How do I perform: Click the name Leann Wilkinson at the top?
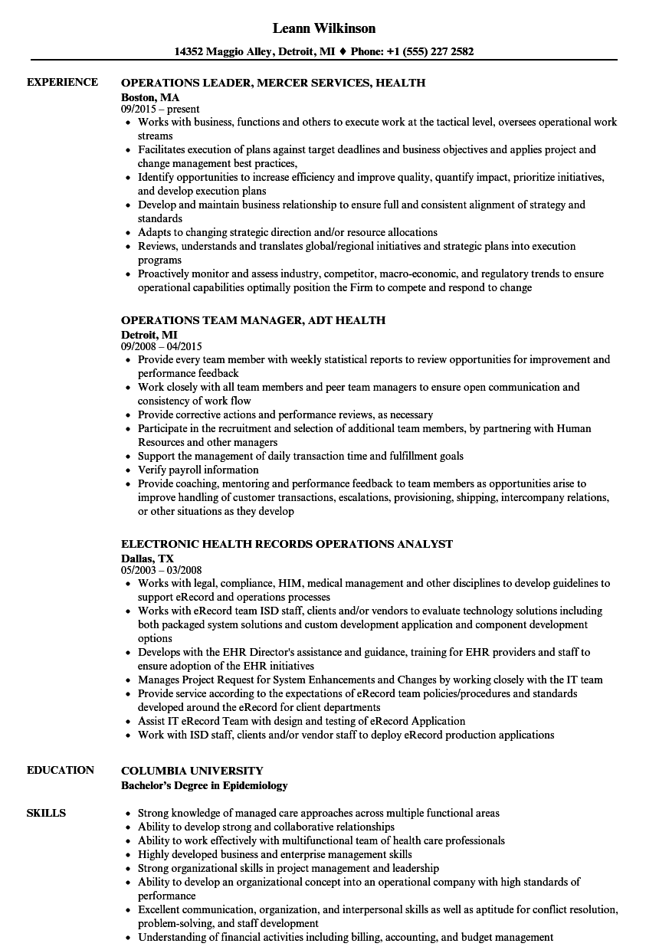pos(324,28)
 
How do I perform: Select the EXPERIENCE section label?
pos(62,82)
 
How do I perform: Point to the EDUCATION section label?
pos(61,770)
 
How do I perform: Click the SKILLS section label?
pos(46,813)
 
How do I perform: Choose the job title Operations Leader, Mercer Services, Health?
pos(274,83)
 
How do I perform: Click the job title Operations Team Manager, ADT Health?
pos(253,320)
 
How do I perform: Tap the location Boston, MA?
pos(150,97)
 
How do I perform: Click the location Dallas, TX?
pos(147,559)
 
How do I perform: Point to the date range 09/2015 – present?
pos(160,110)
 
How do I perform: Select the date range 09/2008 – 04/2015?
pos(162,346)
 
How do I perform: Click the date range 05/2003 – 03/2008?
pos(162,571)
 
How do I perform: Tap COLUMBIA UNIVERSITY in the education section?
pos(192,771)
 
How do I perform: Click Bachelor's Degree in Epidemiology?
pos(205,785)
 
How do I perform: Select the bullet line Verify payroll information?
pos(198,470)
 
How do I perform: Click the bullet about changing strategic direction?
pos(287,232)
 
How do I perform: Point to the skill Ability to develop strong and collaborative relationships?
pos(266,827)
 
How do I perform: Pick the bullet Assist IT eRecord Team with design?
pos(301,721)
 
